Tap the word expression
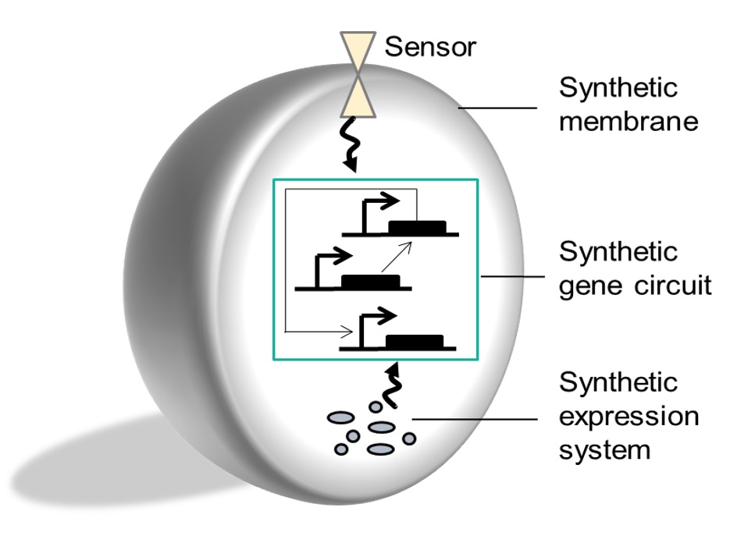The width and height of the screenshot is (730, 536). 628,417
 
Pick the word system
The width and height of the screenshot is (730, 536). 604,449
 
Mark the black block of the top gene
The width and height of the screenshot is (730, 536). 418,227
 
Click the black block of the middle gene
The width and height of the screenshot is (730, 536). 370,282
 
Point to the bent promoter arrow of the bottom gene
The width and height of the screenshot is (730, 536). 370,322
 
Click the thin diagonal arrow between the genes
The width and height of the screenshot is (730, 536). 396,257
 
